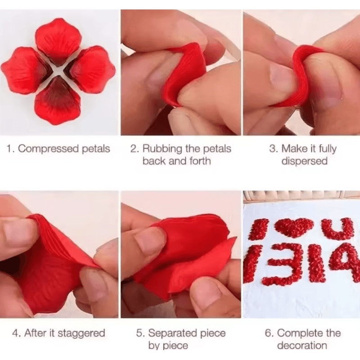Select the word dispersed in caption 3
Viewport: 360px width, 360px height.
coord(304,161)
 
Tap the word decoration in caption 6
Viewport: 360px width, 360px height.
coord(302,346)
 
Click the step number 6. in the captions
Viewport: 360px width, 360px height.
coord(269,333)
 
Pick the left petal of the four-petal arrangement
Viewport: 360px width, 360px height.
coord(25,70)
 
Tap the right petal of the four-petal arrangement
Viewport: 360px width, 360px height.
coord(92,70)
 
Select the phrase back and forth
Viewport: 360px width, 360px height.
coord(176,161)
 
